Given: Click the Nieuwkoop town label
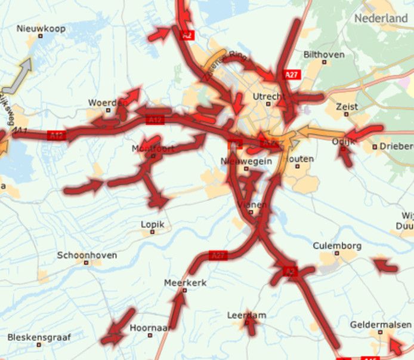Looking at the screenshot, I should point(41,29).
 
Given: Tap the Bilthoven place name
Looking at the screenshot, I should point(324,54).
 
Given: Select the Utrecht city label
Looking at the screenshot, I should point(269,97).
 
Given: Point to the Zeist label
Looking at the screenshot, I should point(347,107).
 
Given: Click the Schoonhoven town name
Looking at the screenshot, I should point(87,255).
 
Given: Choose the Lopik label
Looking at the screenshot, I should point(152,224).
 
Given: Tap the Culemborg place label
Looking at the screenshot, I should point(337,246).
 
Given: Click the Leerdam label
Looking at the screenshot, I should point(246,315).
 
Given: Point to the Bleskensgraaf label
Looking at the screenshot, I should point(39,337).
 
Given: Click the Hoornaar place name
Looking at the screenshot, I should point(150,328).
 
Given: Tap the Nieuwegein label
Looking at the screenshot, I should point(246,161).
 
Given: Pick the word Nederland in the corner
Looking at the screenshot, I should point(381,19).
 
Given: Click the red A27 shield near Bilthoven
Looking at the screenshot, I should point(292,75).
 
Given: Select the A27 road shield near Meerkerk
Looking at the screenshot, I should point(219,256).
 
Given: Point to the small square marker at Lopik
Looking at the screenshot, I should point(152,233).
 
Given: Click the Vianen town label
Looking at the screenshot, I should point(251,205).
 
